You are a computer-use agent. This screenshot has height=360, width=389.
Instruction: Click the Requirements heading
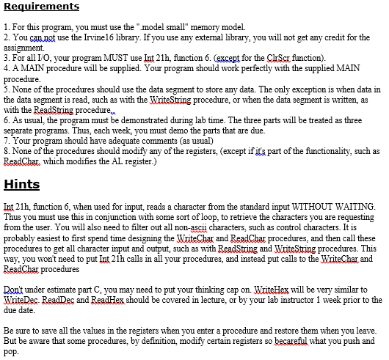pyautogui.click(x=41, y=7)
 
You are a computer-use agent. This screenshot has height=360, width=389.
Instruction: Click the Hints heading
pyautogui.click(x=23, y=183)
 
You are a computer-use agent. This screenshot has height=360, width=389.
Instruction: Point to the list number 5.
pyautogui.click(x=5, y=84)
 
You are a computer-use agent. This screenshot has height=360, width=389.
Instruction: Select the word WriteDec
pyautogui.click(x=21, y=301)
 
